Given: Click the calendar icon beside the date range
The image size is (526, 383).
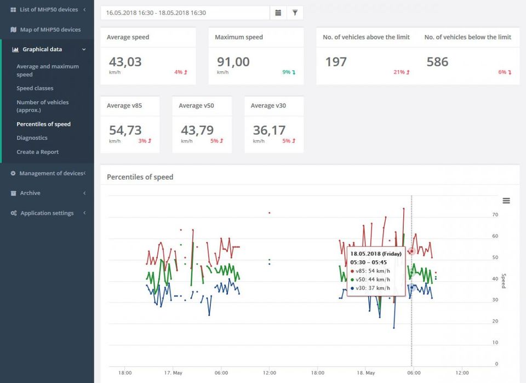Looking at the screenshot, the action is [x=278, y=13].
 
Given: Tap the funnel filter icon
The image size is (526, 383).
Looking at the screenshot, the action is [x=295, y=13].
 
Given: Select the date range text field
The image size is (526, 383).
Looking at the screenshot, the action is [x=185, y=13].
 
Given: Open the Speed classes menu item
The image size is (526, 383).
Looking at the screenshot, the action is [x=35, y=88].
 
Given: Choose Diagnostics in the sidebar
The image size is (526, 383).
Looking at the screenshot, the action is [x=32, y=138].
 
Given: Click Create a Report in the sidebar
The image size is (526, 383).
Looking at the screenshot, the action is [x=38, y=152].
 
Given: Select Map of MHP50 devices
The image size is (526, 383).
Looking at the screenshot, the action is [x=50, y=30].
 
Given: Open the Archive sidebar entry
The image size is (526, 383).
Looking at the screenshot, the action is [x=30, y=193].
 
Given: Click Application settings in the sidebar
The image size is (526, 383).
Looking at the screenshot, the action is [x=47, y=213].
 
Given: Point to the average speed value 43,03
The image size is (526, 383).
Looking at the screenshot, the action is [x=125, y=62].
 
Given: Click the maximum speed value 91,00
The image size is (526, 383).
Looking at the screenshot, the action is [x=233, y=62].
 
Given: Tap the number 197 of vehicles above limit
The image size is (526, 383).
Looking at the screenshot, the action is [x=336, y=62].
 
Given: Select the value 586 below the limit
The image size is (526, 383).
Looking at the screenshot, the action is [x=437, y=62].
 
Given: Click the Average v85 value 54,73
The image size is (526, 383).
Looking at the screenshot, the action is [x=125, y=130].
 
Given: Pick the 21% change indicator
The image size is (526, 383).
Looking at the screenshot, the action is [x=401, y=72].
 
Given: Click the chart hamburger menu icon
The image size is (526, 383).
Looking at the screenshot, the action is [x=506, y=201].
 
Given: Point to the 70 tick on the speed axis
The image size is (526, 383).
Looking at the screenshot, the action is [x=495, y=215].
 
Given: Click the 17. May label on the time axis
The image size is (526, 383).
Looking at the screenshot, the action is [x=173, y=373].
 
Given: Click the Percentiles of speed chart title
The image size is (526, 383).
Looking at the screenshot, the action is [x=140, y=177].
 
